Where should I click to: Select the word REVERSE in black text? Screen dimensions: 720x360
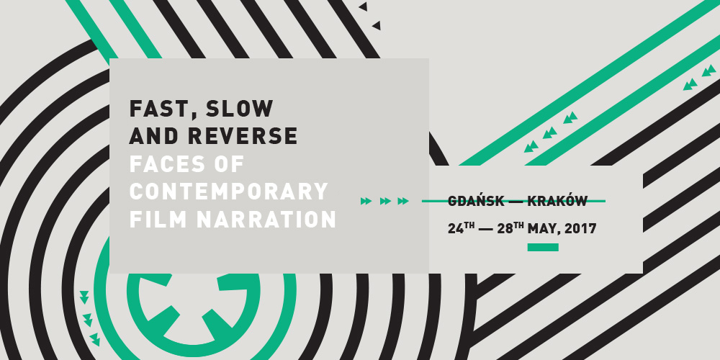(243, 136)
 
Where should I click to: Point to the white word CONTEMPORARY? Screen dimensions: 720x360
(229, 192)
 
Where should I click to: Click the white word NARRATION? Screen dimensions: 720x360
(266, 219)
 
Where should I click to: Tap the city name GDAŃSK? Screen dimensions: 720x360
(476, 201)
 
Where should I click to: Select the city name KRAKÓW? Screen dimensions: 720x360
(557, 201)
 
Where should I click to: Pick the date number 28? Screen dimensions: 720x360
(505, 229)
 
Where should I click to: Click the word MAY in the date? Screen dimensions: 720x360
(543, 229)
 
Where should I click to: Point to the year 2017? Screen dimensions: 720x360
(580, 229)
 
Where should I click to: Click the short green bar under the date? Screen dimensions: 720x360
(543, 248)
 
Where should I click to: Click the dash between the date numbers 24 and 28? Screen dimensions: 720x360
(486, 229)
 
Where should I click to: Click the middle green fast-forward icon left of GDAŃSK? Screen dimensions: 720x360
(385, 201)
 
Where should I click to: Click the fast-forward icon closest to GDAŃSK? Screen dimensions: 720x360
(403, 201)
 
